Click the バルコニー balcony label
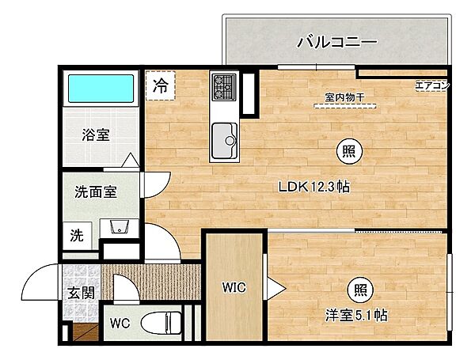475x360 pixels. (336, 41)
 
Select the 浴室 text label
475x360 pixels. (95, 135)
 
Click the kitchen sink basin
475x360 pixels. (226, 140)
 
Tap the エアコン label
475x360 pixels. (431, 86)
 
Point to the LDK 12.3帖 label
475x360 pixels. (313, 188)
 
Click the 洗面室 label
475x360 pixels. (96, 191)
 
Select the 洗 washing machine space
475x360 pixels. (77, 234)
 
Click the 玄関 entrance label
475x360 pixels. (78, 292)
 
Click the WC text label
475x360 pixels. (119, 324)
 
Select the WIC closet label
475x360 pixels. (234, 287)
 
